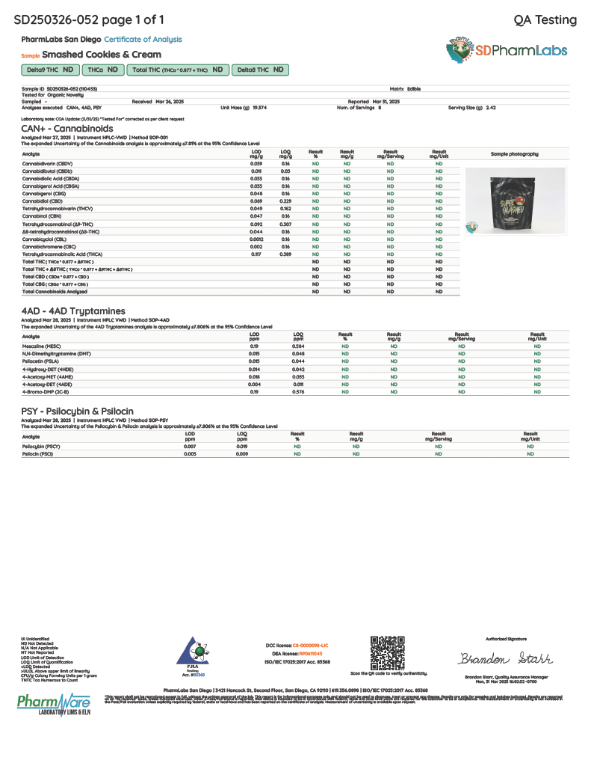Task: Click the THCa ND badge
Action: tap(103, 70)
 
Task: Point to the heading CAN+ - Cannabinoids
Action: tap(67, 129)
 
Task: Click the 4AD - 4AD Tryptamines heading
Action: tap(73, 310)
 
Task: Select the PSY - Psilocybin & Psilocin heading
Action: tap(77, 411)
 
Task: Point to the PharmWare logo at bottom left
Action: tap(54, 705)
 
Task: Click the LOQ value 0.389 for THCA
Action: tap(285, 254)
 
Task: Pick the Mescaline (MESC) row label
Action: tap(40, 346)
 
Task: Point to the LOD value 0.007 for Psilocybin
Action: tap(190, 446)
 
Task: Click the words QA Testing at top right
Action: tap(545, 19)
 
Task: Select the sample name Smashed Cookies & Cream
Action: tap(102, 55)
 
